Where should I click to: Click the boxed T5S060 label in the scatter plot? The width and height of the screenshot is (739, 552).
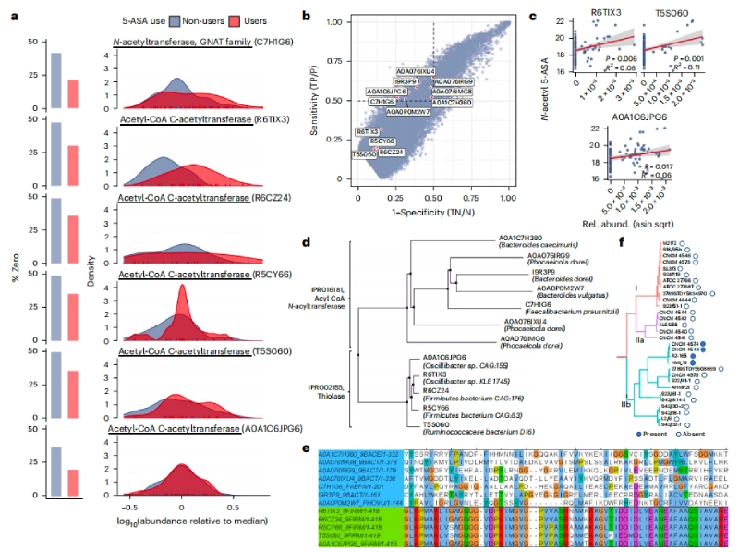(364, 153)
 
